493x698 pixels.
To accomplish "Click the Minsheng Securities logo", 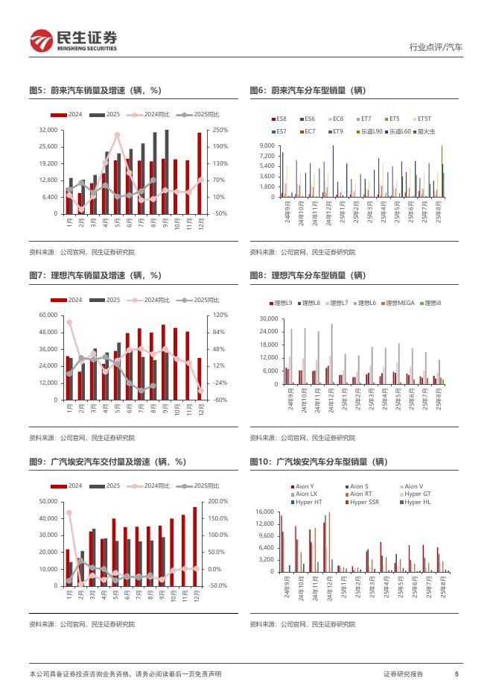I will [73, 40].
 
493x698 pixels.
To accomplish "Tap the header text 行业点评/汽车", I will [436, 47].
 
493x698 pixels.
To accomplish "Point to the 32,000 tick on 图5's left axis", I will [48, 130].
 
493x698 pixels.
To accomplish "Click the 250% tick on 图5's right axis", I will [220, 130].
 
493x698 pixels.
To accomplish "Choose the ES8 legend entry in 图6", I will [277, 119].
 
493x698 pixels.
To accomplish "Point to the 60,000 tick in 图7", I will [48, 315].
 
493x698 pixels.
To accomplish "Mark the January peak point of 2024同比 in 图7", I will [69, 322].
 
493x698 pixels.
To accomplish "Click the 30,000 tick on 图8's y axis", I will [267, 318].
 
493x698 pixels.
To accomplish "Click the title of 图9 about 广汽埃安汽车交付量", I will [101, 462].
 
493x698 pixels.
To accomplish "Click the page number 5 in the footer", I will [457, 674].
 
